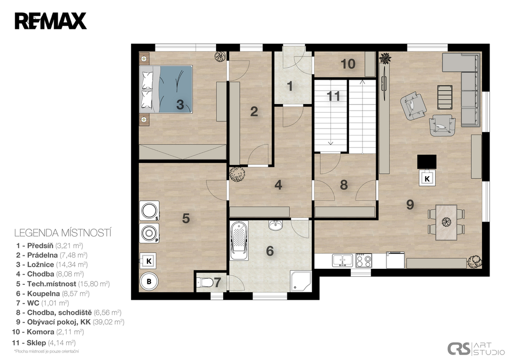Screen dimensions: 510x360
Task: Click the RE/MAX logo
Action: click(50, 21)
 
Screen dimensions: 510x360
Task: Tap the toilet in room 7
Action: click(204, 282)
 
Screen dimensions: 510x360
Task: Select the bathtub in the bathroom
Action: click(239, 240)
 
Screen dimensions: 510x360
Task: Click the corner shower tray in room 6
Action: click(300, 280)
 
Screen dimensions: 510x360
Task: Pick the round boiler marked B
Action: click(149, 281)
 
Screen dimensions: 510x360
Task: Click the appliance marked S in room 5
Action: click(149, 211)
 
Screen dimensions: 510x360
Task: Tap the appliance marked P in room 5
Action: click(149, 233)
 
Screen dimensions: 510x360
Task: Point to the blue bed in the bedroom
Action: click(166, 89)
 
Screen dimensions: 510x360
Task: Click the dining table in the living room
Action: click(446, 222)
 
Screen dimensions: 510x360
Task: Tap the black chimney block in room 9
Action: click(427, 162)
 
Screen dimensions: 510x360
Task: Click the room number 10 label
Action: click(348, 64)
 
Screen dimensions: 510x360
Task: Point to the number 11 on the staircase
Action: click(333, 96)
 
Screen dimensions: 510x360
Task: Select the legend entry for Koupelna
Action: click(53, 294)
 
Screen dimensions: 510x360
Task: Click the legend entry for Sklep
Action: click(44, 343)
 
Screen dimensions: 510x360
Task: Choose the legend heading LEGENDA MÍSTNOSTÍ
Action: click(63, 233)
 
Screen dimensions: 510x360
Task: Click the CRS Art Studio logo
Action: click(475, 349)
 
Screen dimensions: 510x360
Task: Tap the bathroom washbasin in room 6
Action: click(276, 225)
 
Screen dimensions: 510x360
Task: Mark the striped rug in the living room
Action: click(445, 97)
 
